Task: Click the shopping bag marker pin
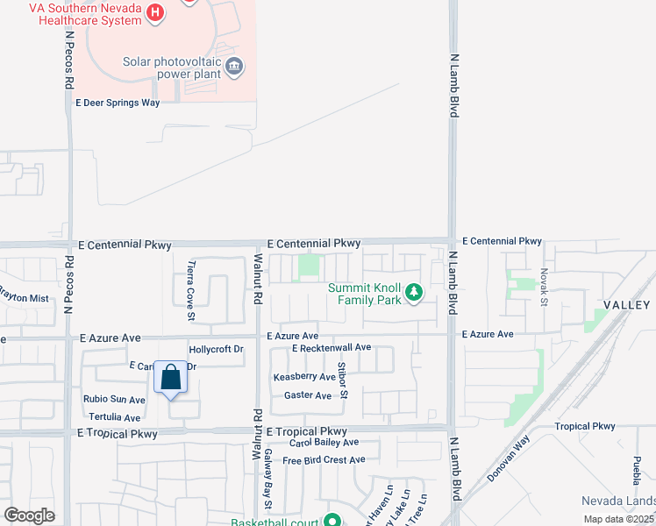tap(171, 379)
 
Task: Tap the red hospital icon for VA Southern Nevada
tap(155, 12)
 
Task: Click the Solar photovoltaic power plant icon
tap(234, 66)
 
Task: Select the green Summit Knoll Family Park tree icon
tap(413, 294)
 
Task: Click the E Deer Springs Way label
tap(118, 103)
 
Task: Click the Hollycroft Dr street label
tap(216, 349)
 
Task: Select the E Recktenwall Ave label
tap(332, 348)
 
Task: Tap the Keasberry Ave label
tap(304, 377)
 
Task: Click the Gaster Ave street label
tap(308, 395)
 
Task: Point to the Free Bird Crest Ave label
tap(323, 459)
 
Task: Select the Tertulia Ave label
tap(113, 418)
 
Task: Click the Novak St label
tap(543, 288)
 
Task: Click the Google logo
tap(30, 515)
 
